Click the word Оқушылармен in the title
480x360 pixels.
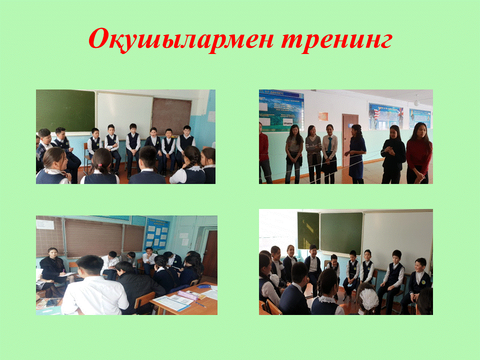click(x=181, y=39)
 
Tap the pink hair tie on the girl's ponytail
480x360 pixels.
click(x=100, y=164)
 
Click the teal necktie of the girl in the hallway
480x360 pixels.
click(x=329, y=144)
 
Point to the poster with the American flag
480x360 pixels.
click(x=385, y=116)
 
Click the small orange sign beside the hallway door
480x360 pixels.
click(x=323, y=116)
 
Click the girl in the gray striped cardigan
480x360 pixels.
click(x=313, y=154)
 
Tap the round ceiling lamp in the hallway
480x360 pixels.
click(x=416, y=102)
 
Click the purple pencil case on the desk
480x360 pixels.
click(x=187, y=295)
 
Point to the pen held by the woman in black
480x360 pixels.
click(x=63, y=271)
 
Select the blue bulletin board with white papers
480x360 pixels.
click(x=157, y=233)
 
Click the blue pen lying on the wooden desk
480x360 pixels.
click(x=200, y=304)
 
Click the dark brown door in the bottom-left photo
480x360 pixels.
click(x=210, y=254)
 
